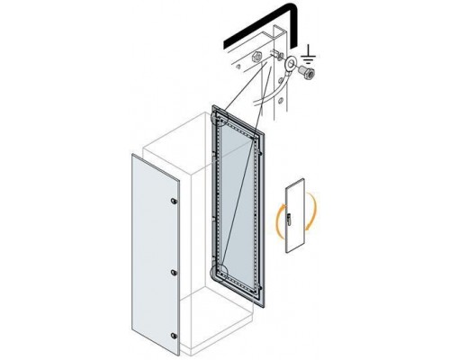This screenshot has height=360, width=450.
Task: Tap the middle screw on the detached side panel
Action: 175,269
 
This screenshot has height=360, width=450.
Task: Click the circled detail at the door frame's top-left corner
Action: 220,114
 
